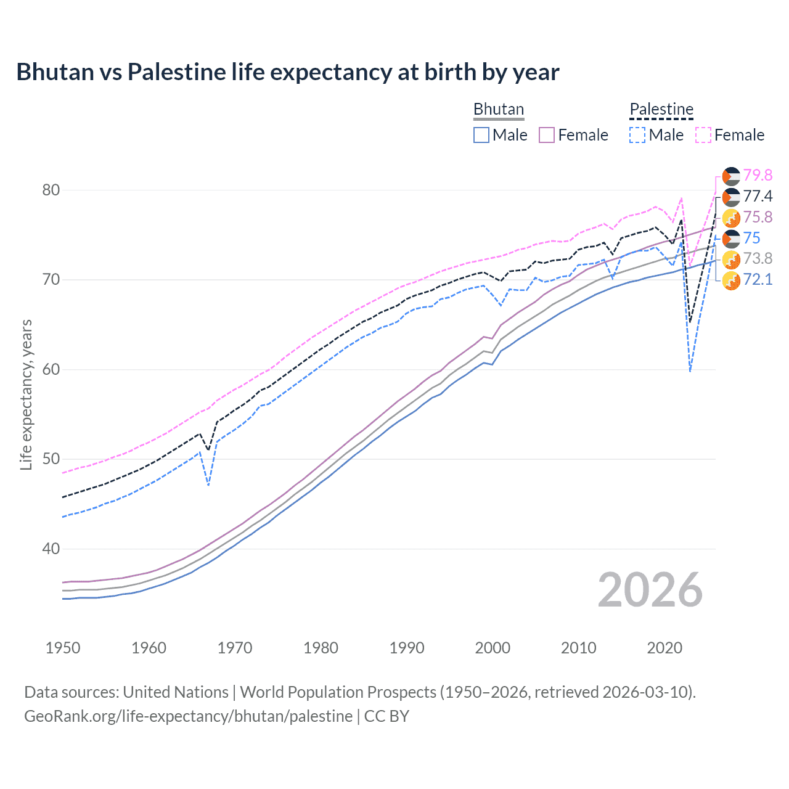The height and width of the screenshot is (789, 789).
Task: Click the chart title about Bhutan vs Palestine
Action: click(x=287, y=72)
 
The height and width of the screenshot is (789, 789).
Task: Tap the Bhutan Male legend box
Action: click(x=481, y=135)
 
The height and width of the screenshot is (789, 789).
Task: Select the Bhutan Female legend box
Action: click(x=547, y=135)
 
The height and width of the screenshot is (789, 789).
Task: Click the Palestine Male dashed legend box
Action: click(x=637, y=135)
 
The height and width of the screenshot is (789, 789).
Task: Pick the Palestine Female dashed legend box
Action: click(x=703, y=135)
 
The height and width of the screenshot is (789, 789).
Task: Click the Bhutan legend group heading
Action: click(x=499, y=109)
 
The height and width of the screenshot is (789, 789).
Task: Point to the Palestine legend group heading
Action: click(x=661, y=109)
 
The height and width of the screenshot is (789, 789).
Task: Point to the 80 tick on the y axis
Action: click(x=51, y=190)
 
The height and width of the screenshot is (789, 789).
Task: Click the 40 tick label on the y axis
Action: click(x=51, y=549)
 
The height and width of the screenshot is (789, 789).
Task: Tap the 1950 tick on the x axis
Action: click(x=63, y=648)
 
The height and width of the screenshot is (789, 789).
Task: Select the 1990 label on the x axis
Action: click(x=407, y=648)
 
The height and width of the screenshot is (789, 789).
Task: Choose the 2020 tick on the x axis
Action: click(x=664, y=648)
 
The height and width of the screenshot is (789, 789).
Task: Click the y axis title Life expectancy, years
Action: click(x=26, y=394)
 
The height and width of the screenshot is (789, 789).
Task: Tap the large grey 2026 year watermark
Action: click(x=650, y=590)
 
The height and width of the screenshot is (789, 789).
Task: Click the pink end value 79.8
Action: click(x=758, y=176)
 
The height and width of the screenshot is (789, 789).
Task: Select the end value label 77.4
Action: click(x=758, y=197)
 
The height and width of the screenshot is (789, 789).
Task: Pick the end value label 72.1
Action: click(x=758, y=280)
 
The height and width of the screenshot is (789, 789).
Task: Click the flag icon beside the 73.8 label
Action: click(x=731, y=259)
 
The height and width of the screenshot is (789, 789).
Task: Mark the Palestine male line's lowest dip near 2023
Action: click(x=690, y=371)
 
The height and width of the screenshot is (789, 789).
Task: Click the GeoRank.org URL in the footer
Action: click(x=188, y=716)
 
